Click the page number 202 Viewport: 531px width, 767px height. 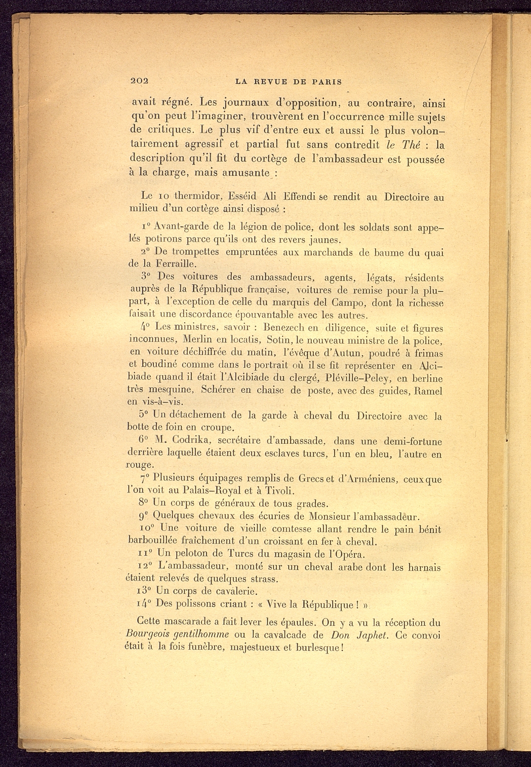tap(139, 81)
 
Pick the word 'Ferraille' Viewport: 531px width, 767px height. tap(175, 263)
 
